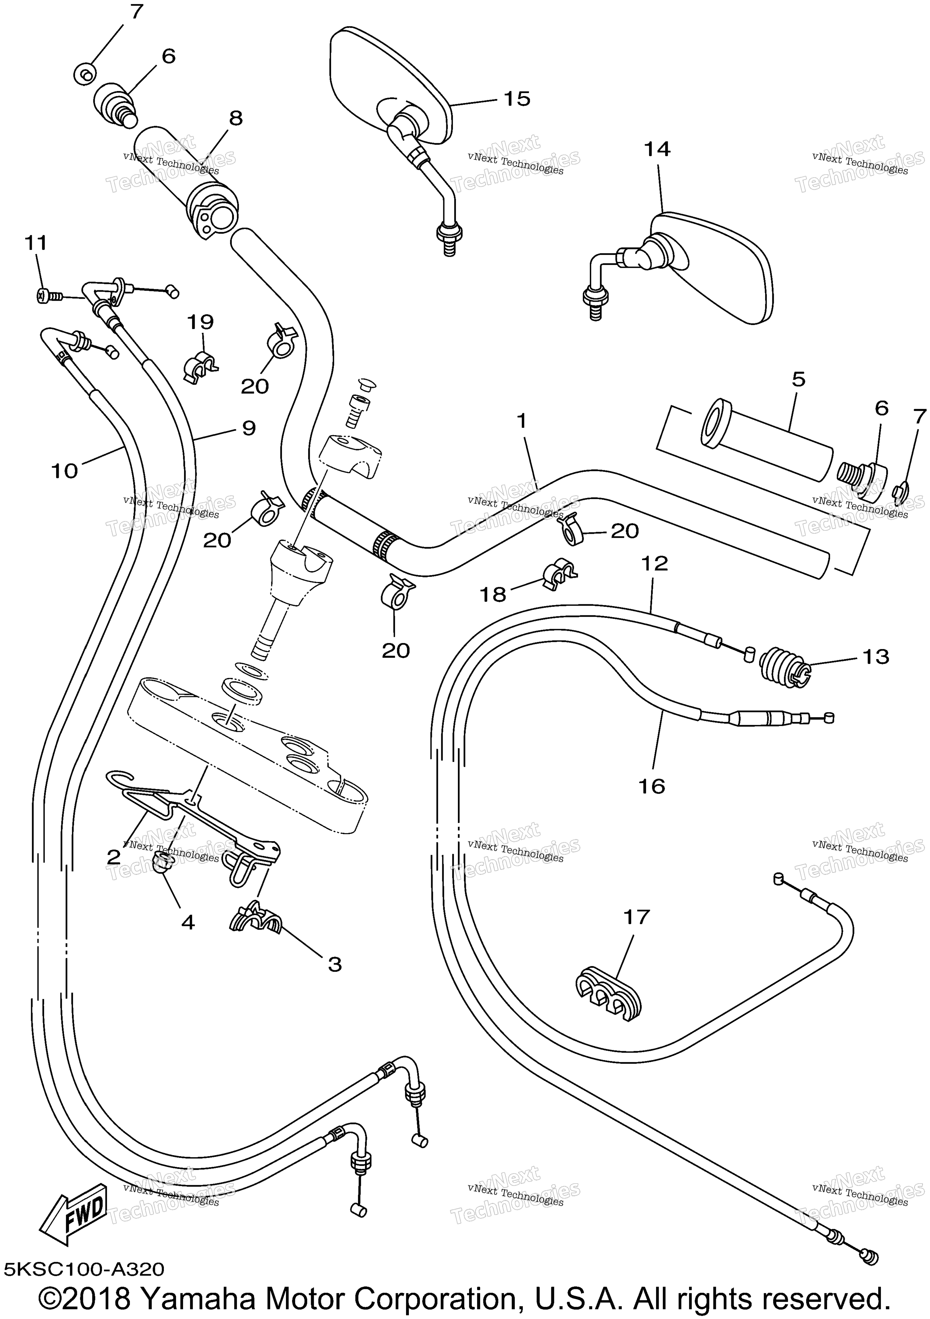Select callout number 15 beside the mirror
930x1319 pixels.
point(517,98)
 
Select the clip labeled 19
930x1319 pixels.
point(201,366)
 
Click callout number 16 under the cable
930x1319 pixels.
point(651,786)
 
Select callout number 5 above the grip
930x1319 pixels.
point(799,379)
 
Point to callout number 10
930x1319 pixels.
point(64,471)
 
